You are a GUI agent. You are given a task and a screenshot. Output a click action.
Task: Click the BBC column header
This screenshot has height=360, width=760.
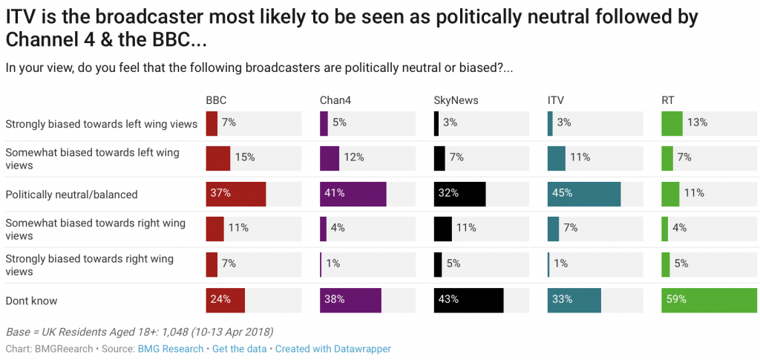[216, 100]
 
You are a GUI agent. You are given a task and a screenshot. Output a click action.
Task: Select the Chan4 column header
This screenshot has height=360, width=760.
[335, 100]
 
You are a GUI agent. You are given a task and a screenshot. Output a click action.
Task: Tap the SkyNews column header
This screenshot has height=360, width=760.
[455, 100]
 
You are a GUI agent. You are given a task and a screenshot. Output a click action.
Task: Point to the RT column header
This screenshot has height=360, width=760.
[668, 100]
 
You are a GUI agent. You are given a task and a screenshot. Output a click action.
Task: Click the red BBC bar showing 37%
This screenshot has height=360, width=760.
[235, 194]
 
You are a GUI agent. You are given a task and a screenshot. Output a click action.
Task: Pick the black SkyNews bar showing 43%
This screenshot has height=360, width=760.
[468, 301]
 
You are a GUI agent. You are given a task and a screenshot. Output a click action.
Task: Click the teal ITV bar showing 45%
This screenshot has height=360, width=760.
[583, 194]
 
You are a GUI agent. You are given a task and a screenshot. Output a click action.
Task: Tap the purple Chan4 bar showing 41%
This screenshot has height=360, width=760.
[353, 194]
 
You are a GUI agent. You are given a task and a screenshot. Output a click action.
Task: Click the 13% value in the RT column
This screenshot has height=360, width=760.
[697, 122]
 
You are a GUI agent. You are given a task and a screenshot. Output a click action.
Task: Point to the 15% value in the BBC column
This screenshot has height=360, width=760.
[245, 157]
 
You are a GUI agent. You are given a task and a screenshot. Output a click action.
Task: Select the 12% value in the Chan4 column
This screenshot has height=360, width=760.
[353, 157]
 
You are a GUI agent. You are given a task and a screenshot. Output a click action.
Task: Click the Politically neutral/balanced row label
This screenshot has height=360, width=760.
[71, 194]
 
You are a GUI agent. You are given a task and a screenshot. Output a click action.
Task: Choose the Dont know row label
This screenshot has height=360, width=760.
[31, 301]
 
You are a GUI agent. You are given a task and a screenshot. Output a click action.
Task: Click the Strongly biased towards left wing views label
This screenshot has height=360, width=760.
[101, 123]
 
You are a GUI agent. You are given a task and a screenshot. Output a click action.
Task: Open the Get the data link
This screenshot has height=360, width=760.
[240, 348]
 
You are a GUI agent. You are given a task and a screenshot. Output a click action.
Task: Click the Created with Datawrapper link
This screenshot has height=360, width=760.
[332, 348]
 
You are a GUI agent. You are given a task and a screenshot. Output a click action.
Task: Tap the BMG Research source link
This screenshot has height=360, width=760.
[170, 348]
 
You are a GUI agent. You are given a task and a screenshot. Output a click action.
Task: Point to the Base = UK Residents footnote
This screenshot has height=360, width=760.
[139, 331]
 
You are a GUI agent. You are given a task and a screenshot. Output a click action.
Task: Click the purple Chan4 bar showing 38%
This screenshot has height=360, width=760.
[350, 301]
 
